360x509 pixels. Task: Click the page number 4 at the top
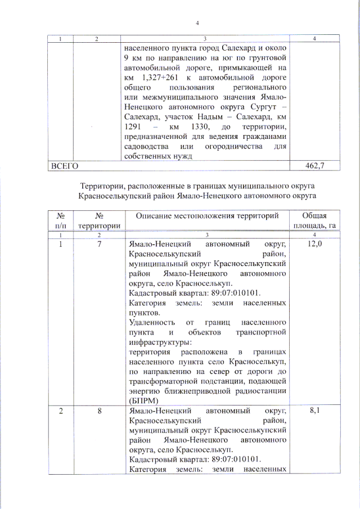point(197,23)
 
